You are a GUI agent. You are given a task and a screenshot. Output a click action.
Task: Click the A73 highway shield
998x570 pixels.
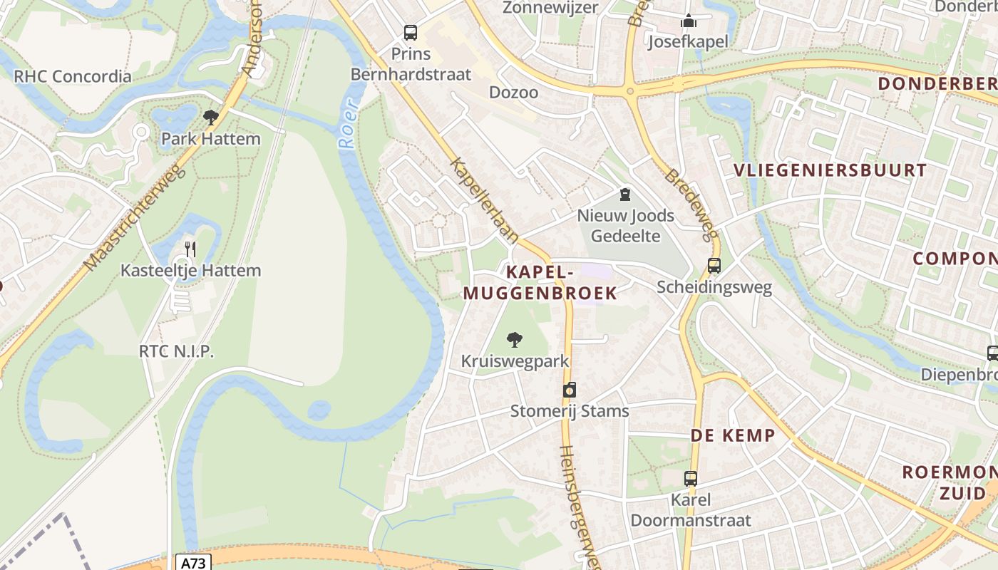click(x=192, y=563)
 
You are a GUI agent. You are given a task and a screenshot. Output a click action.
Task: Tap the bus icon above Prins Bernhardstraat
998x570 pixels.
click(x=411, y=32)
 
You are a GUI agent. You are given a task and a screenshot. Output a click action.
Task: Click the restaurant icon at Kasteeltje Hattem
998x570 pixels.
click(x=190, y=249)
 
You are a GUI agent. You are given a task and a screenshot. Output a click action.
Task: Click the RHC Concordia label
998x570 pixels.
click(x=73, y=76)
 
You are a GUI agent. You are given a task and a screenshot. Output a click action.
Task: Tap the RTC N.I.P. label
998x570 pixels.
click(x=176, y=351)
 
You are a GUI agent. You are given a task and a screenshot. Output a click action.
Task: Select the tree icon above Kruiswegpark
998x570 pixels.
click(x=515, y=340)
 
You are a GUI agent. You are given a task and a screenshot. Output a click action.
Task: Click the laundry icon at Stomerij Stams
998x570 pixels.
click(x=570, y=390)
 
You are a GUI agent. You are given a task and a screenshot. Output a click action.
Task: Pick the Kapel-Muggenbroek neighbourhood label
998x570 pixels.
click(x=540, y=282)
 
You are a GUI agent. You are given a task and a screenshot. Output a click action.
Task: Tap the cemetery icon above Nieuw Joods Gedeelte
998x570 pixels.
click(x=625, y=194)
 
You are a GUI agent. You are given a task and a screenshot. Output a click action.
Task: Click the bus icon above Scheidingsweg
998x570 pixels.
click(x=714, y=266)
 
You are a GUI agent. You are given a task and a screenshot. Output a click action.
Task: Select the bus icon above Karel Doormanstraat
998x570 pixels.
click(x=691, y=478)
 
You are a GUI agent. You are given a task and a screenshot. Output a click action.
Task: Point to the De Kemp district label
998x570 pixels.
click(x=732, y=435)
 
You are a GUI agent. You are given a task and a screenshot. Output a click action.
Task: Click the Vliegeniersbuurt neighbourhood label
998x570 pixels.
click(x=830, y=170)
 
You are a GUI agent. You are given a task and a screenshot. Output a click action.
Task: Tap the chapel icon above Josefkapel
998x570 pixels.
click(x=688, y=21)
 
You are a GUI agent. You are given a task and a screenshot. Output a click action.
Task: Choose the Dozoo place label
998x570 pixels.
click(x=513, y=93)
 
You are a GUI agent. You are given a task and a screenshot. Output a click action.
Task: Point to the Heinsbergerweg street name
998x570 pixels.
click(x=579, y=506)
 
